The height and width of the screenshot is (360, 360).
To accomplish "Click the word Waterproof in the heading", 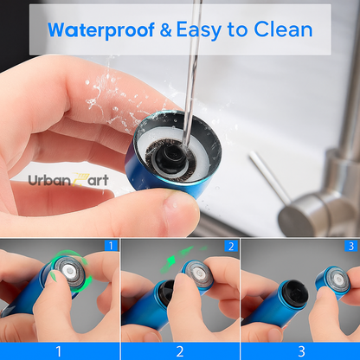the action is [101, 30].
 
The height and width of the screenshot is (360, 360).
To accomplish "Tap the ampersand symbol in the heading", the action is [165, 30].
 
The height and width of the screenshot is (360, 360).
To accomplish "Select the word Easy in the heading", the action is [199, 30].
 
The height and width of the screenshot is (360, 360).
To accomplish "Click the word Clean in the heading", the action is [283, 29].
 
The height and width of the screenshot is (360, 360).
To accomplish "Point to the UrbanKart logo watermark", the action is [68, 180].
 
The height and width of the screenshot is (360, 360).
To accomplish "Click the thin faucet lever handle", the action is [269, 177].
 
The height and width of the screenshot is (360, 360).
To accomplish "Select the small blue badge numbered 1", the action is [111, 246].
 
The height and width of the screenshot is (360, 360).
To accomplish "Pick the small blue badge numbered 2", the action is [231, 246].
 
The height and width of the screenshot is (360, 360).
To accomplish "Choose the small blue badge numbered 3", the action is [350, 246].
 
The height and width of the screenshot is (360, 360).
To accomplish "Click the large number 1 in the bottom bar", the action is [59, 351].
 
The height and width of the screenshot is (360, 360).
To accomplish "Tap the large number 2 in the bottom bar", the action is [180, 351].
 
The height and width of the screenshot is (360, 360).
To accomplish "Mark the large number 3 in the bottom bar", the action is [301, 351].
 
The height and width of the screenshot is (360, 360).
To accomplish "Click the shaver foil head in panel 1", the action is [70, 272].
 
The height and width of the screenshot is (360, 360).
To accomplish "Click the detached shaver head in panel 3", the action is [333, 280].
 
